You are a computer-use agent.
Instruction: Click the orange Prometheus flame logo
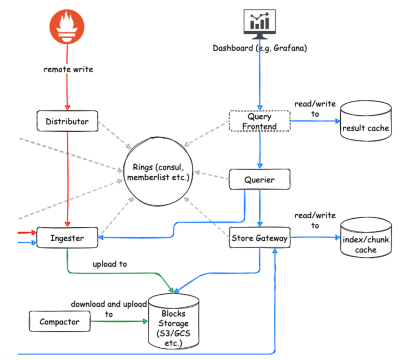[67, 27]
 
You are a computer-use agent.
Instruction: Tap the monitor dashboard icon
[259, 24]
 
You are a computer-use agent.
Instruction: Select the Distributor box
[67, 121]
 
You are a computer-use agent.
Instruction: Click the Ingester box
[67, 238]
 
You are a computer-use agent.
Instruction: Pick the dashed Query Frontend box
[260, 121]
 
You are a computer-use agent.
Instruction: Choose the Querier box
[260, 179]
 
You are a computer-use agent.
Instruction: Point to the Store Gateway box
[260, 238]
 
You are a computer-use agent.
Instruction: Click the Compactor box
[59, 322]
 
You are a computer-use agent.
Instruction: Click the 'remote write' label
[68, 69]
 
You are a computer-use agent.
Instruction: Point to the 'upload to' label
[110, 264]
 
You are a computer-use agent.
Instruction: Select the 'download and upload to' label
[109, 309]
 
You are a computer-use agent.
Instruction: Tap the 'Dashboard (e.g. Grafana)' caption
[260, 48]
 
